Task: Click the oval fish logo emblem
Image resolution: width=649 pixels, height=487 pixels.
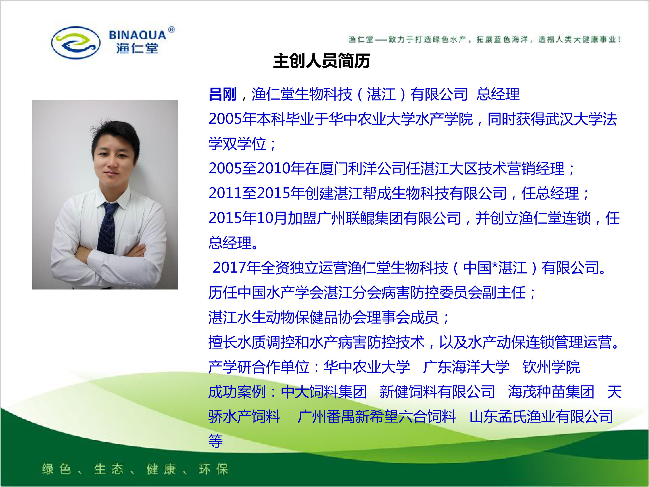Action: (76, 43)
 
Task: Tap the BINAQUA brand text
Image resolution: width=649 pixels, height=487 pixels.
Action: (137, 35)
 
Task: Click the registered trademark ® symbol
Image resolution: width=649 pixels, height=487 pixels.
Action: (172, 30)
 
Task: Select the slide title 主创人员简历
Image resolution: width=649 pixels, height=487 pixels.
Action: (322, 61)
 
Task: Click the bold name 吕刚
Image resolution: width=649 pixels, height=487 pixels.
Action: (223, 94)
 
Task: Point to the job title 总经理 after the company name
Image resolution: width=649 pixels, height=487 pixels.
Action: (498, 94)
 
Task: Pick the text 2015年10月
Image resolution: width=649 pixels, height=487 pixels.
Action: (248, 218)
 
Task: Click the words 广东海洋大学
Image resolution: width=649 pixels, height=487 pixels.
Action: (466, 367)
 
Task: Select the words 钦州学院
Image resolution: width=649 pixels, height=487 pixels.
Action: (551, 367)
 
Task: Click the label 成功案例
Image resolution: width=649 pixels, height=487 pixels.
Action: (237, 392)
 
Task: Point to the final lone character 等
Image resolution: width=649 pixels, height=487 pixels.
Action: (216, 441)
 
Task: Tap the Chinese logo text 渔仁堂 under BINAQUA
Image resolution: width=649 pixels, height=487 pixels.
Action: (137, 48)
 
